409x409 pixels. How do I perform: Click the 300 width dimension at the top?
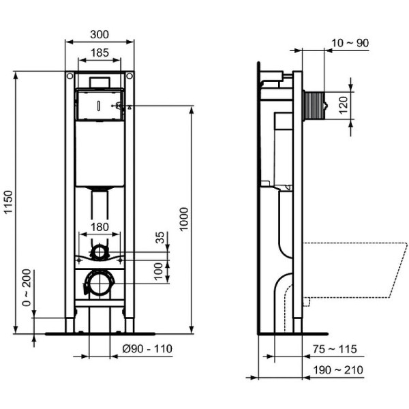coord(100,35)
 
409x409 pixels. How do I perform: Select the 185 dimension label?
coord(100,52)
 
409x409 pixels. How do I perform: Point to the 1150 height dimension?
coord(8,202)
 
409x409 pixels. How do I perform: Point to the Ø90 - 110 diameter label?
coord(146,348)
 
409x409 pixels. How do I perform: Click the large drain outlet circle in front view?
coord(100,282)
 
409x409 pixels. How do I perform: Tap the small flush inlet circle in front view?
coord(100,252)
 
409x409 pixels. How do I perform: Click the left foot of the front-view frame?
coord(70,324)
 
